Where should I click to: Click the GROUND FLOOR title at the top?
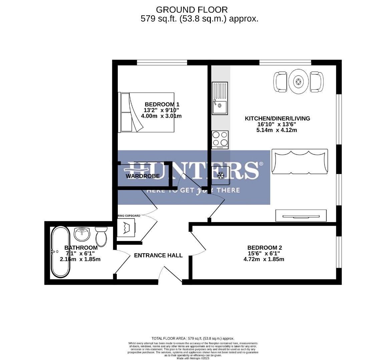click(x=192, y=10)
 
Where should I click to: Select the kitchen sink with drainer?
click(x=220, y=98)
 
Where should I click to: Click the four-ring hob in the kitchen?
click(x=220, y=139)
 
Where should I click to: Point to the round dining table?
click(x=298, y=82)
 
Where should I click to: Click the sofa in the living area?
click(x=300, y=162)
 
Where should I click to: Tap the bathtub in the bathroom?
click(x=60, y=252)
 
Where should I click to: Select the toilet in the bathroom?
click(x=101, y=237)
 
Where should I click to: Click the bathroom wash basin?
click(x=82, y=234)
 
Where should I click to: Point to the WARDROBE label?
click(x=142, y=176)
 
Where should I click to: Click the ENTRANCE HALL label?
click(x=158, y=255)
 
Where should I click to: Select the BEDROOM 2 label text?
click(x=265, y=248)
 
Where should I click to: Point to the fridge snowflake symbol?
click(x=221, y=175)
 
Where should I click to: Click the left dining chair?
click(x=281, y=82)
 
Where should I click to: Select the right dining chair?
click(x=316, y=82)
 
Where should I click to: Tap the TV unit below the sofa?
click(x=301, y=216)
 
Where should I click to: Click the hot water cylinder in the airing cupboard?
click(x=126, y=228)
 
